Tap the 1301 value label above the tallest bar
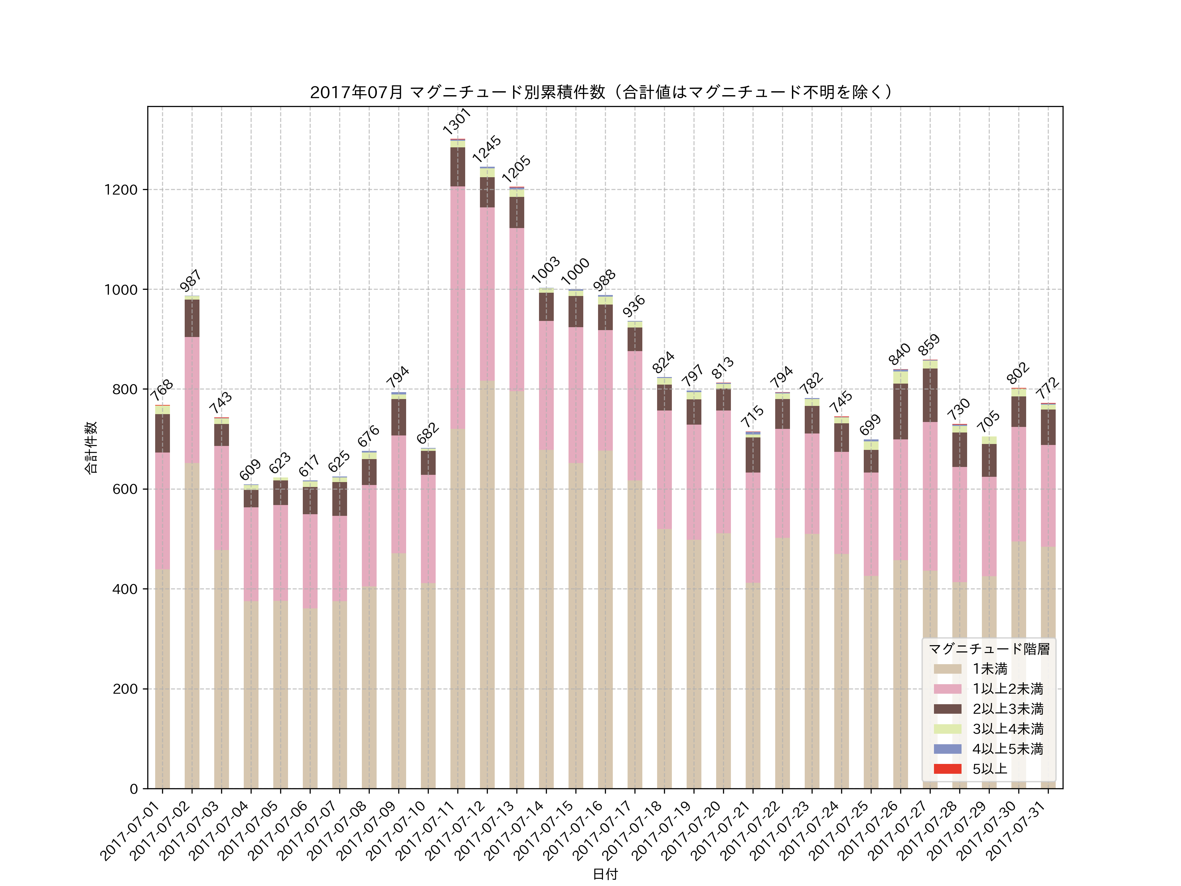pos(457,121)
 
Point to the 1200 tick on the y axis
pos(121,190)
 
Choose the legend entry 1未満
pos(989,669)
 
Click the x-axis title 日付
pos(605,874)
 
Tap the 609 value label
pos(250,470)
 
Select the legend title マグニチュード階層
pos(989,648)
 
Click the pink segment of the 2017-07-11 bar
pos(458,307)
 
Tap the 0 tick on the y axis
pos(134,789)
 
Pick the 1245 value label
pos(487,149)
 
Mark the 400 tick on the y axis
pos(125,589)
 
